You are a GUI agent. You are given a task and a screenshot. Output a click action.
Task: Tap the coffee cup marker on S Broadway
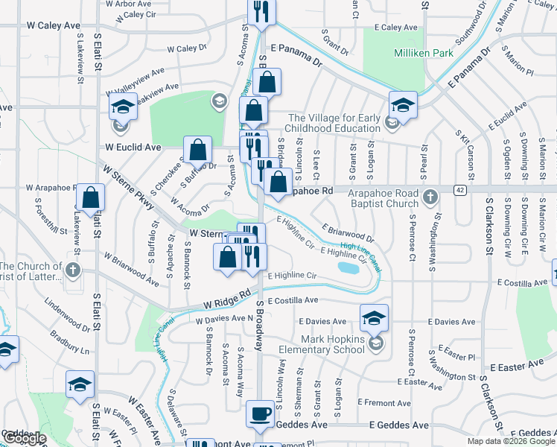click(x=261, y=413)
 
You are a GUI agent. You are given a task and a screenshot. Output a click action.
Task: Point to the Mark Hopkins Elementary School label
click(x=321, y=343)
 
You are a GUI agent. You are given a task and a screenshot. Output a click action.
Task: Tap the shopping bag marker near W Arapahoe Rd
click(x=91, y=199)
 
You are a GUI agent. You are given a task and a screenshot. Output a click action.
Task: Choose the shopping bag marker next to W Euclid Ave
click(x=199, y=150)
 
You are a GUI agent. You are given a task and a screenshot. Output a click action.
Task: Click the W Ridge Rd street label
click(x=226, y=303)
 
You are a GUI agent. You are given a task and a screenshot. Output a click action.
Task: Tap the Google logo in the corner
click(x=24, y=438)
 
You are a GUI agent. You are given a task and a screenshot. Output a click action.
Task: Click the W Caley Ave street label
click(x=54, y=25)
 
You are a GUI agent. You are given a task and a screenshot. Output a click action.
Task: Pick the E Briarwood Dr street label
click(x=348, y=233)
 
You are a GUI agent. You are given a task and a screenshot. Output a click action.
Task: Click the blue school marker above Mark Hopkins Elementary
click(x=374, y=318)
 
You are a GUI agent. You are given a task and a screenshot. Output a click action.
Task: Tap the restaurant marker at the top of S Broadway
click(x=261, y=11)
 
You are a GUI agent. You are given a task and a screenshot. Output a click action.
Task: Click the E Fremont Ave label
click(x=383, y=402)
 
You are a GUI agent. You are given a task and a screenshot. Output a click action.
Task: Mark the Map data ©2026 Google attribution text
click(x=504, y=441)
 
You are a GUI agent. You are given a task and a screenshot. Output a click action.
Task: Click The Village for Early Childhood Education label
click(x=335, y=124)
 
